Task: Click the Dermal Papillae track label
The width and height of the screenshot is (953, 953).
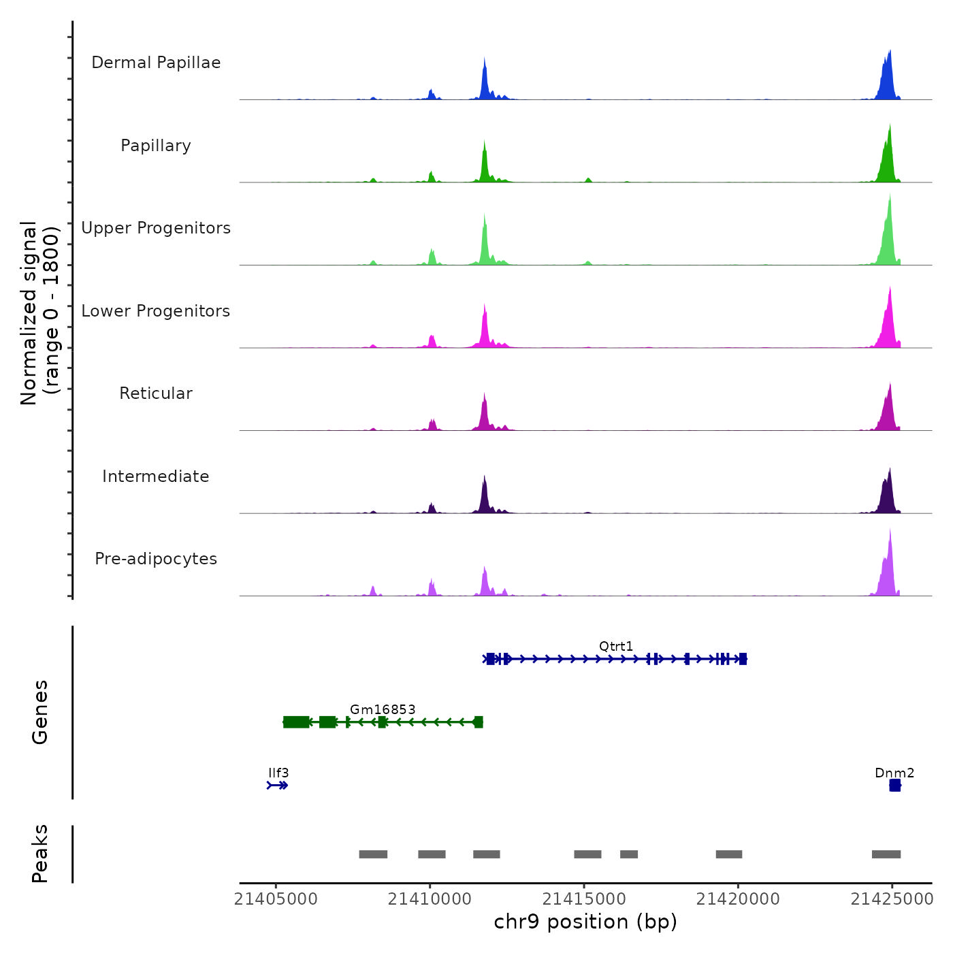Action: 156,63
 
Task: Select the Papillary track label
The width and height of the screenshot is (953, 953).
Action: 156,146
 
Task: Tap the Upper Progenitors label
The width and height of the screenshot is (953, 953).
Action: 156,228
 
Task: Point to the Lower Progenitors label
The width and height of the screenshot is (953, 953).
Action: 156,311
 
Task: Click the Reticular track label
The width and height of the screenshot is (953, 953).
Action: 156,393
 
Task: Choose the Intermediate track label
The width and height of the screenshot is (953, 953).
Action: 156,476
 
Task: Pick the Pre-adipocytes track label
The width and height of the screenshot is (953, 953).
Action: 156,559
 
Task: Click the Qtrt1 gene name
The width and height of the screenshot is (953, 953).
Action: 616,646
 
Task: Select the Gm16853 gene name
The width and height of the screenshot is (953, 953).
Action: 383,709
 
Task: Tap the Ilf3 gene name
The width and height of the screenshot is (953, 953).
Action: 278,773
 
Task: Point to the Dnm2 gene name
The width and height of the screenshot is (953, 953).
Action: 894,773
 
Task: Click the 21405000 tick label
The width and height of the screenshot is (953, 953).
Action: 276,899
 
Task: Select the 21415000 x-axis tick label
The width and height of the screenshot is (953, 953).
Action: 584,899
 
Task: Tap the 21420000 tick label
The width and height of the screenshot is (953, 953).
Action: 738,899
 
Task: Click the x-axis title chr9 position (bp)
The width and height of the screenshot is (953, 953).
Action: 585,922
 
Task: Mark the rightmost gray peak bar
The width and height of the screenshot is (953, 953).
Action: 886,854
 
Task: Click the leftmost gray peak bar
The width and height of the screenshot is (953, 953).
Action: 373,854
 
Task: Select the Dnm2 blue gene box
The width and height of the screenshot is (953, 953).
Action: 895,786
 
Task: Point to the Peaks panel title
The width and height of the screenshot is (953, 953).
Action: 40,854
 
